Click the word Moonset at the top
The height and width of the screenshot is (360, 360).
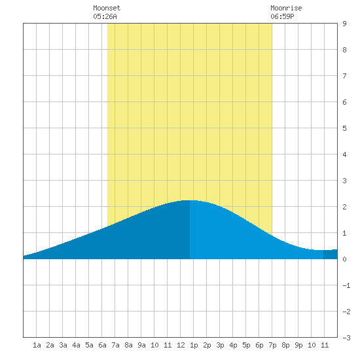coord(107,8)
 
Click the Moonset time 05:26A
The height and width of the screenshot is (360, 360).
coord(105,16)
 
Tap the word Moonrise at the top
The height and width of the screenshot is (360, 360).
coord(286,8)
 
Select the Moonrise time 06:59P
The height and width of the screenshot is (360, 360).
coord(282,16)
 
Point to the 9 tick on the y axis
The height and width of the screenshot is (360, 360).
coord(344,24)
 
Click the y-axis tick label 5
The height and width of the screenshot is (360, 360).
coord(344,128)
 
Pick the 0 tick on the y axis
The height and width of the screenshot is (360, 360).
coord(344,259)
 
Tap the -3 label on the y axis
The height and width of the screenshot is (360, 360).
coord(346,338)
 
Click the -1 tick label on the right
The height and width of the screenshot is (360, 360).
coord(346,285)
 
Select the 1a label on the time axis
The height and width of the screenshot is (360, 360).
coord(37,345)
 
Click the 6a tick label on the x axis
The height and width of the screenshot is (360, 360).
coord(102,345)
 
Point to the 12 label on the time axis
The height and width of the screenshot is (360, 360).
coord(181,345)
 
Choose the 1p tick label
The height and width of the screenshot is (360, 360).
coord(194,345)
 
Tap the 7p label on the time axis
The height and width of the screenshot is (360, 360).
coord(272,345)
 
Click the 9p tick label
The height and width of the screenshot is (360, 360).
coord(298,345)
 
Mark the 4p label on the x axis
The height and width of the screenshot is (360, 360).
coord(233,345)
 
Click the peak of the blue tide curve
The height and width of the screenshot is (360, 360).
coord(190,200)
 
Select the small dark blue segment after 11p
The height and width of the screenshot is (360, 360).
coord(331,254)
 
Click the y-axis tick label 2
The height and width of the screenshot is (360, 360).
coord(344,207)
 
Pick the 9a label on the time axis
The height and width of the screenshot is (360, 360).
coord(141,345)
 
